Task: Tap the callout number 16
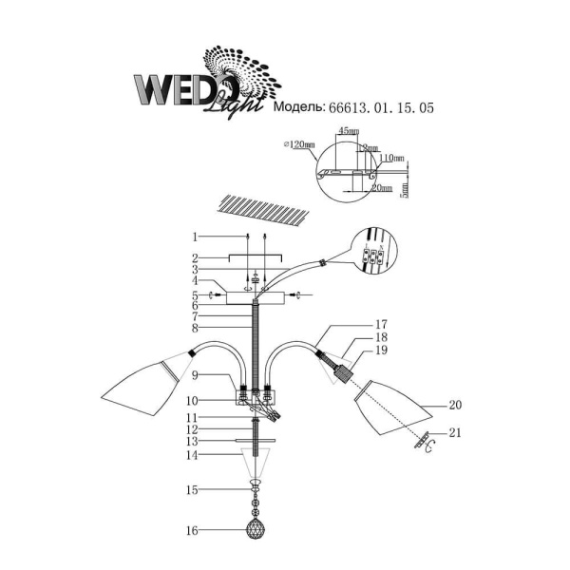tap(193, 531)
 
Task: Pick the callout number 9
tap(193, 376)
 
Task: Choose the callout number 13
tap(193, 441)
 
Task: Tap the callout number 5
tap(193, 294)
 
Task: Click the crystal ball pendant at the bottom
tap(255, 529)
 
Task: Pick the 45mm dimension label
tap(348, 131)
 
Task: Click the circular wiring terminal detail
tap(372, 253)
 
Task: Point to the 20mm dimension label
tap(381, 188)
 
